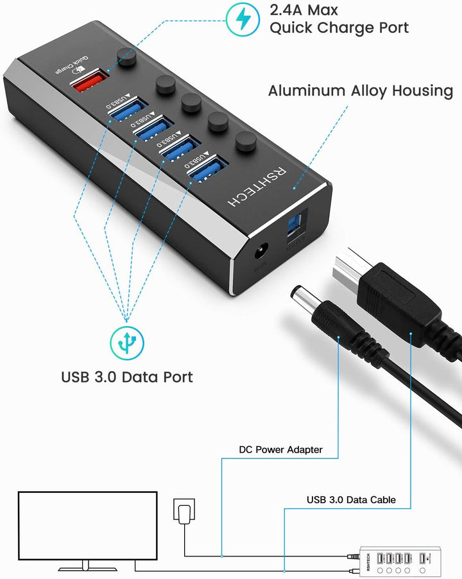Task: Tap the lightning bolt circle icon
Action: coord(243,20)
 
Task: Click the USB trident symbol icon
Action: coord(126,342)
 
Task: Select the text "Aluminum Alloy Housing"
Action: coord(360,91)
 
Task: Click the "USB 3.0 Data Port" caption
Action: coord(127,376)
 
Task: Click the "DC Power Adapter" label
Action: coord(280,449)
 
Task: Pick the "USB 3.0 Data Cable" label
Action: coord(351,499)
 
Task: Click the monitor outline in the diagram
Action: coord(87,526)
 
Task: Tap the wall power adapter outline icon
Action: coord(183,512)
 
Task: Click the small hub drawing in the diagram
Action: coord(398,560)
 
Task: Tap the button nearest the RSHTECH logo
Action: coord(244,143)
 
